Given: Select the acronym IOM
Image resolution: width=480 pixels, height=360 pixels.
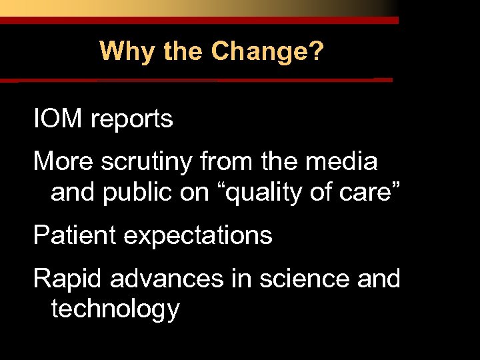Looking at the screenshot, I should coord(58,119).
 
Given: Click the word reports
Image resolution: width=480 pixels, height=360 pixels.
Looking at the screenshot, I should coord(132,120).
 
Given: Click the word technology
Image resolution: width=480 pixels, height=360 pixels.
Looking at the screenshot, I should coord(115,309).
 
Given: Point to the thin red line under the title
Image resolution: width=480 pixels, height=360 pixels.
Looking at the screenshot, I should coord(200,80).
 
